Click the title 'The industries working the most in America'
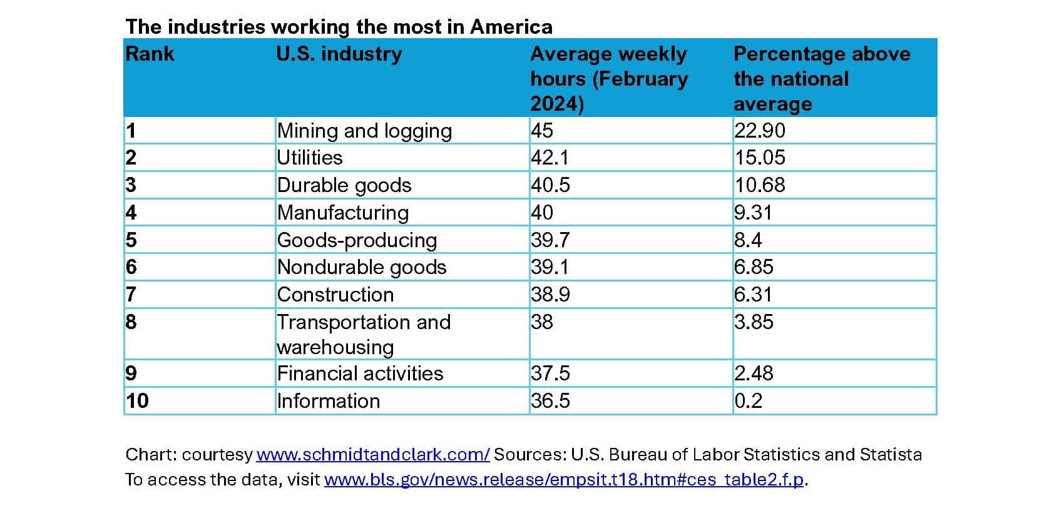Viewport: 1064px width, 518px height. click(x=339, y=27)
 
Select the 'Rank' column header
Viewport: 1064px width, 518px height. click(x=150, y=54)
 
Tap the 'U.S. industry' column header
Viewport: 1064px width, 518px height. click(x=339, y=54)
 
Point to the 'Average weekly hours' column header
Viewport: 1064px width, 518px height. click(x=609, y=79)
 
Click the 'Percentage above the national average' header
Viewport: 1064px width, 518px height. click(x=822, y=79)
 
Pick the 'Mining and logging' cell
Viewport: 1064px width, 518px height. click(x=364, y=131)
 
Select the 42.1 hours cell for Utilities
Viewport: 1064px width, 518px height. click(x=550, y=158)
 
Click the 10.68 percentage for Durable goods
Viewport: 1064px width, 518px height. click(x=760, y=185)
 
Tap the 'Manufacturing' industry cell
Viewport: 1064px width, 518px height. click(x=342, y=213)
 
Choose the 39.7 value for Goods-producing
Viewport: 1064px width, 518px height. click(x=550, y=240)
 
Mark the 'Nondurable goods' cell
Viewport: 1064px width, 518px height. click(x=362, y=267)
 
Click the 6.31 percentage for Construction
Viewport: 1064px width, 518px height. click(x=753, y=295)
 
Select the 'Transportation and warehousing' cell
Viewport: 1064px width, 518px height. click(x=364, y=335)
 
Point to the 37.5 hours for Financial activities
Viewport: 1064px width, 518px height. click(x=550, y=373)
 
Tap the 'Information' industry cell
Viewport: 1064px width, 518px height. click(x=328, y=401)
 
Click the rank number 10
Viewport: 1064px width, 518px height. click(x=137, y=401)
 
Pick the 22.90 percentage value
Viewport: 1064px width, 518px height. click(x=760, y=131)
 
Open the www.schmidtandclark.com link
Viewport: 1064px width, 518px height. click(x=373, y=455)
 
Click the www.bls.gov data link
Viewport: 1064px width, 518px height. click(x=564, y=480)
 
